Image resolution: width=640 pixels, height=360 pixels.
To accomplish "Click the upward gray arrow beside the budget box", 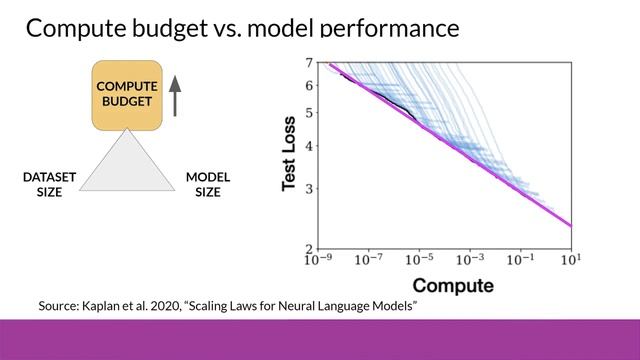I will tap(176, 94).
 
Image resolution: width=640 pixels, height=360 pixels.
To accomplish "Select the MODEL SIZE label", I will tap(207, 185).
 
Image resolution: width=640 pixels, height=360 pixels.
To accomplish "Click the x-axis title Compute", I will tap(452, 286).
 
